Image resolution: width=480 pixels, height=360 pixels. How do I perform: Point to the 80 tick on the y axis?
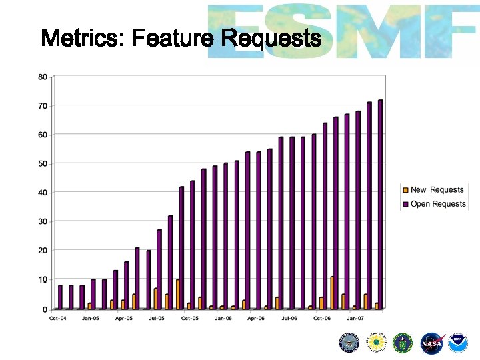pos(43,77)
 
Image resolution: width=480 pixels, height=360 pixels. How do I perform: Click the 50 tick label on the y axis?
pos(43,163)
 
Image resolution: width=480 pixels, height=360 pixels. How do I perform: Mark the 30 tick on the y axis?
pos(43,221)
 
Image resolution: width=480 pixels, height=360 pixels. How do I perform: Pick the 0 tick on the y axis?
pos(45,309)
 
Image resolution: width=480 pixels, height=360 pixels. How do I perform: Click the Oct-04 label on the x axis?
pos(58,319)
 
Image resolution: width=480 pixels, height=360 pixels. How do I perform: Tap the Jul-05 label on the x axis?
pos(156,319)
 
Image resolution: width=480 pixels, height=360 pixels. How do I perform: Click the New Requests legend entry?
pos(436,190)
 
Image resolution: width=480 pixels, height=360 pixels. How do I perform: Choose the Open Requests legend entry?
pos(437,204)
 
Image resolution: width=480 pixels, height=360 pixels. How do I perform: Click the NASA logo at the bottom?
pos(432,343)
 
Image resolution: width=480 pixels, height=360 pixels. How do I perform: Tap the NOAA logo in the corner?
pos(458,343)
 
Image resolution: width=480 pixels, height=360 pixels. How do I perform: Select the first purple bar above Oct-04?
pos(60,297)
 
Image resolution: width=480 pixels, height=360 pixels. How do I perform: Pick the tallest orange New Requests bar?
pos(332,293)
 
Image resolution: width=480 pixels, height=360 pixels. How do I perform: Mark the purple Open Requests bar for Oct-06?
pos(325,216)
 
